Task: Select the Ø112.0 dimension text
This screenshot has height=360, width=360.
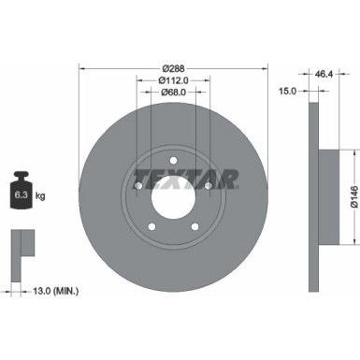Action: [174, 79]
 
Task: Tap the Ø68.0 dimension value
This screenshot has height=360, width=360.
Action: [174, 92]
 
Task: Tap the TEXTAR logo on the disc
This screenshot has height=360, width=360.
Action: [174, 175]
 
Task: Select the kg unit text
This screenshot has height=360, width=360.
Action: [40, 195]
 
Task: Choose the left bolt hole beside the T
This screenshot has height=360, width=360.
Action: [137, 186]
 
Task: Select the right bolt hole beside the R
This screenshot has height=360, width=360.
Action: [210, 186]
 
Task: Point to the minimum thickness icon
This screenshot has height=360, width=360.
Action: [20, 246]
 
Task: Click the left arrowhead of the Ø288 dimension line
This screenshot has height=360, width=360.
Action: [82, 67]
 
